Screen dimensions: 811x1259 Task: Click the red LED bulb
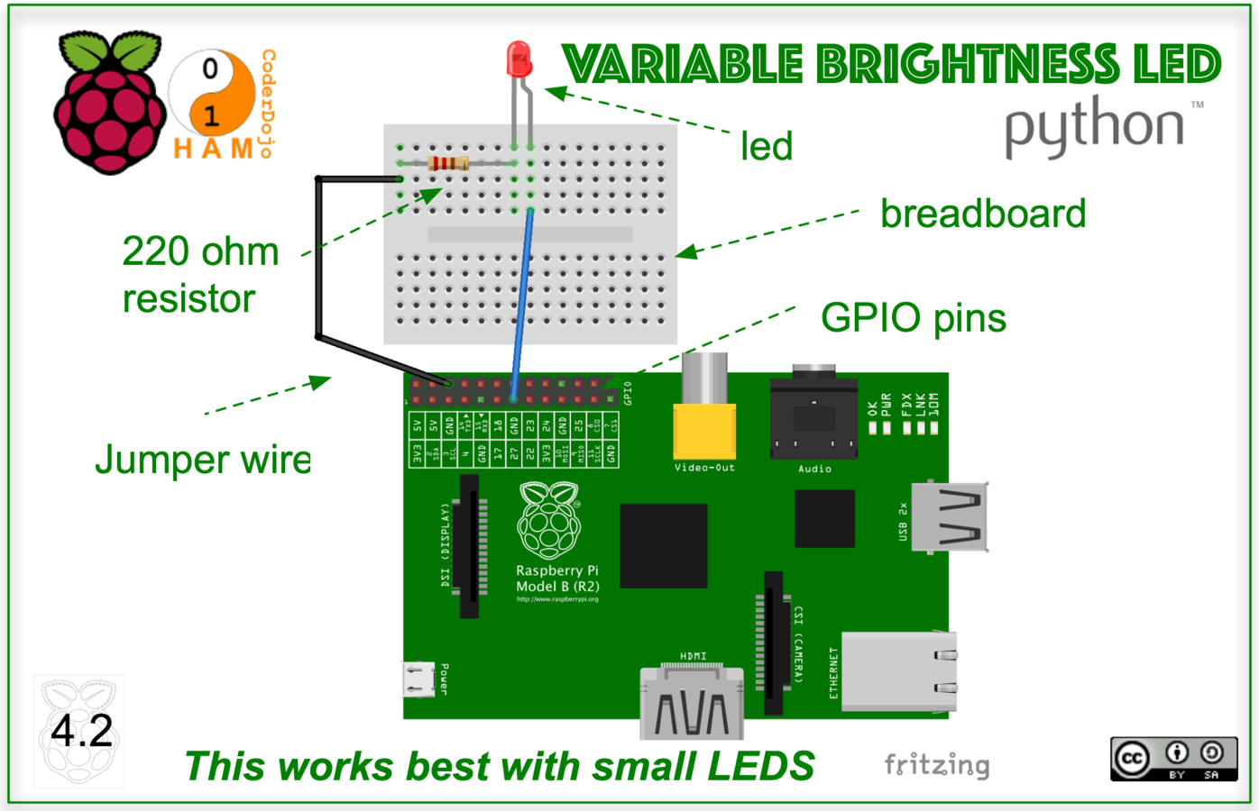519,59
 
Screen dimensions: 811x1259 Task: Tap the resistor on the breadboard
448,163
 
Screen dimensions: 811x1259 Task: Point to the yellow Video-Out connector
704,431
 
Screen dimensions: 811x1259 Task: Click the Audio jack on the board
813,418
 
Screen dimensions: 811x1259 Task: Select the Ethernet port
898,671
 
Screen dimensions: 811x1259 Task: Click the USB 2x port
949,517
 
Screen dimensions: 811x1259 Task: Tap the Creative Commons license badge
1173,759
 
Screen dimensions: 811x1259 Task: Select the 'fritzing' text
936,765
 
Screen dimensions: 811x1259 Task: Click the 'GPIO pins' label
913,318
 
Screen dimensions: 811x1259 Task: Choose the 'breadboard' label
983,214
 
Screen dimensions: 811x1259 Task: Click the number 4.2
81,731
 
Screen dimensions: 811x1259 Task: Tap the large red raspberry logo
108,104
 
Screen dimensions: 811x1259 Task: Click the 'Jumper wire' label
203,460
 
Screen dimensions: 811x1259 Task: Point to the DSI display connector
469,546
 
